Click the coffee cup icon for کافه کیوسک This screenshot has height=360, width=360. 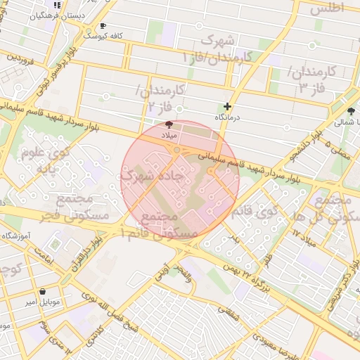(103, 26)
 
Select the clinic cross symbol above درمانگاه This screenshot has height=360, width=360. (226, 106)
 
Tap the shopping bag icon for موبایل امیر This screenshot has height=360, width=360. (43, 291)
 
